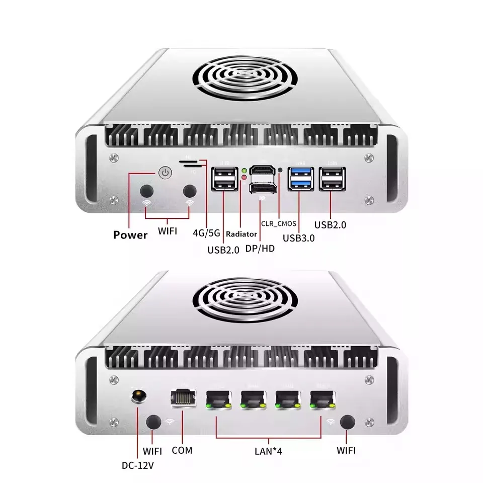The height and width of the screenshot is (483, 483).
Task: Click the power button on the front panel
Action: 165,173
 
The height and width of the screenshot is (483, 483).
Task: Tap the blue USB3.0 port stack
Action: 301,179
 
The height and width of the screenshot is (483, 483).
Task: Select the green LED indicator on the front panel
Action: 245,171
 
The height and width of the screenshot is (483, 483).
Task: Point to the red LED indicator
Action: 245,177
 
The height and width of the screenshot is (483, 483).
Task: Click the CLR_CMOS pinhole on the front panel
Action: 280,170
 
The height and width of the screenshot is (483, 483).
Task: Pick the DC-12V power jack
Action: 139,396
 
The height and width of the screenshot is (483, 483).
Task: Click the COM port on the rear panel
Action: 183,398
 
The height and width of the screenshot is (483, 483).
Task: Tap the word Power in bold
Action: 130,235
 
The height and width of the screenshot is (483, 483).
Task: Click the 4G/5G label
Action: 206,233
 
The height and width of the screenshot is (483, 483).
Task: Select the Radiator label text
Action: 242,234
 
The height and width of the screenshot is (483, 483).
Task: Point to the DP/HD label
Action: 260,248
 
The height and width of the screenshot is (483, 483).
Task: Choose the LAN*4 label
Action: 268,451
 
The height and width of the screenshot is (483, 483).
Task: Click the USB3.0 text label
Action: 299,238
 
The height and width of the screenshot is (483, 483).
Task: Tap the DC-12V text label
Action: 138,465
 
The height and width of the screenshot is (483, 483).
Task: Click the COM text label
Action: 182,450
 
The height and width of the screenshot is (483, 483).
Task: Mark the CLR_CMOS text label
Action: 279,223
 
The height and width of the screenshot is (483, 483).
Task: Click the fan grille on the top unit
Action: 245,77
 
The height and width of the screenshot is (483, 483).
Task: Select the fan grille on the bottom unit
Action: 245,300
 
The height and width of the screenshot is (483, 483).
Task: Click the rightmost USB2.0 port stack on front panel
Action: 332,179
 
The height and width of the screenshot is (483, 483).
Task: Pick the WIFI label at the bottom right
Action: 346,450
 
